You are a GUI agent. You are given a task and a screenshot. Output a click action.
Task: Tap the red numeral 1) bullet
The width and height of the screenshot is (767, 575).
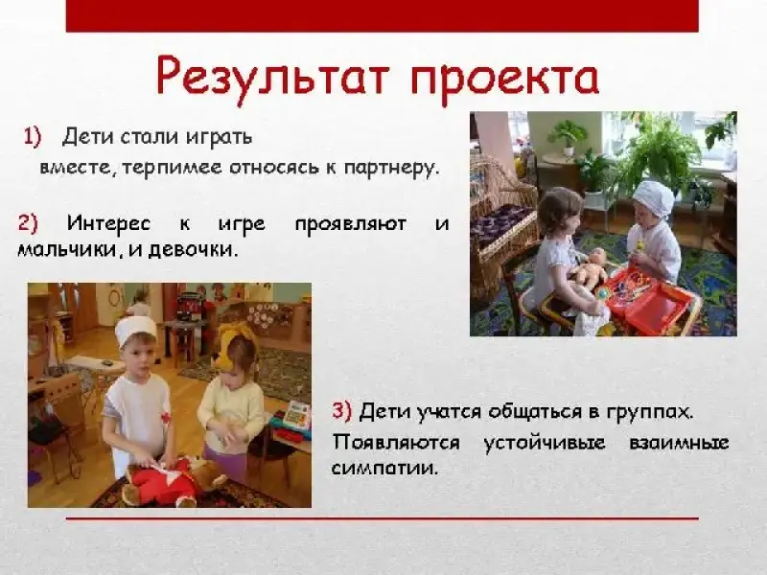[x=33, y=137]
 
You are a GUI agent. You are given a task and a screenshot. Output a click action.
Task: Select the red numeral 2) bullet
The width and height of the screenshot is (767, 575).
[x=28, y=223]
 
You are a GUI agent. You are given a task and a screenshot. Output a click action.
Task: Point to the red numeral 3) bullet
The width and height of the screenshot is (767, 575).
[x=342, y=411]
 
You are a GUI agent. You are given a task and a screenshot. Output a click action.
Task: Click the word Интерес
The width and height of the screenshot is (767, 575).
[x=108, y=223]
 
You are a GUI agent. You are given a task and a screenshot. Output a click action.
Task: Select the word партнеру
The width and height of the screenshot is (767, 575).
[x=389, y=169]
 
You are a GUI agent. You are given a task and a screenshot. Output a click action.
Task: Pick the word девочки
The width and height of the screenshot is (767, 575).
[x=193, y=250]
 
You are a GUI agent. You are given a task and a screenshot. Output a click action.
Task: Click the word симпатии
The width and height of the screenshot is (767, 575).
[x=383, y=469]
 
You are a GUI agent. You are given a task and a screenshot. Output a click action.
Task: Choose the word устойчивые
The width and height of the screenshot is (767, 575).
[x=544, y=443]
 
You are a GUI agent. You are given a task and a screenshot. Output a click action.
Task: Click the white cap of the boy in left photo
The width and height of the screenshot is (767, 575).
[x=136, y=330]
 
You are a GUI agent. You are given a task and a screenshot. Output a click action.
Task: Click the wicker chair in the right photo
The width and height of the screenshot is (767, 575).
[x=500, y=221]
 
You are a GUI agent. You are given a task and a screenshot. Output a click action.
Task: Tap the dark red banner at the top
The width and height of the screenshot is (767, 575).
[x=382, y=15]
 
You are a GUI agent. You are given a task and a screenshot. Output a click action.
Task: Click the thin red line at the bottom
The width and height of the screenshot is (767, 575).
[x=382, y=518]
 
